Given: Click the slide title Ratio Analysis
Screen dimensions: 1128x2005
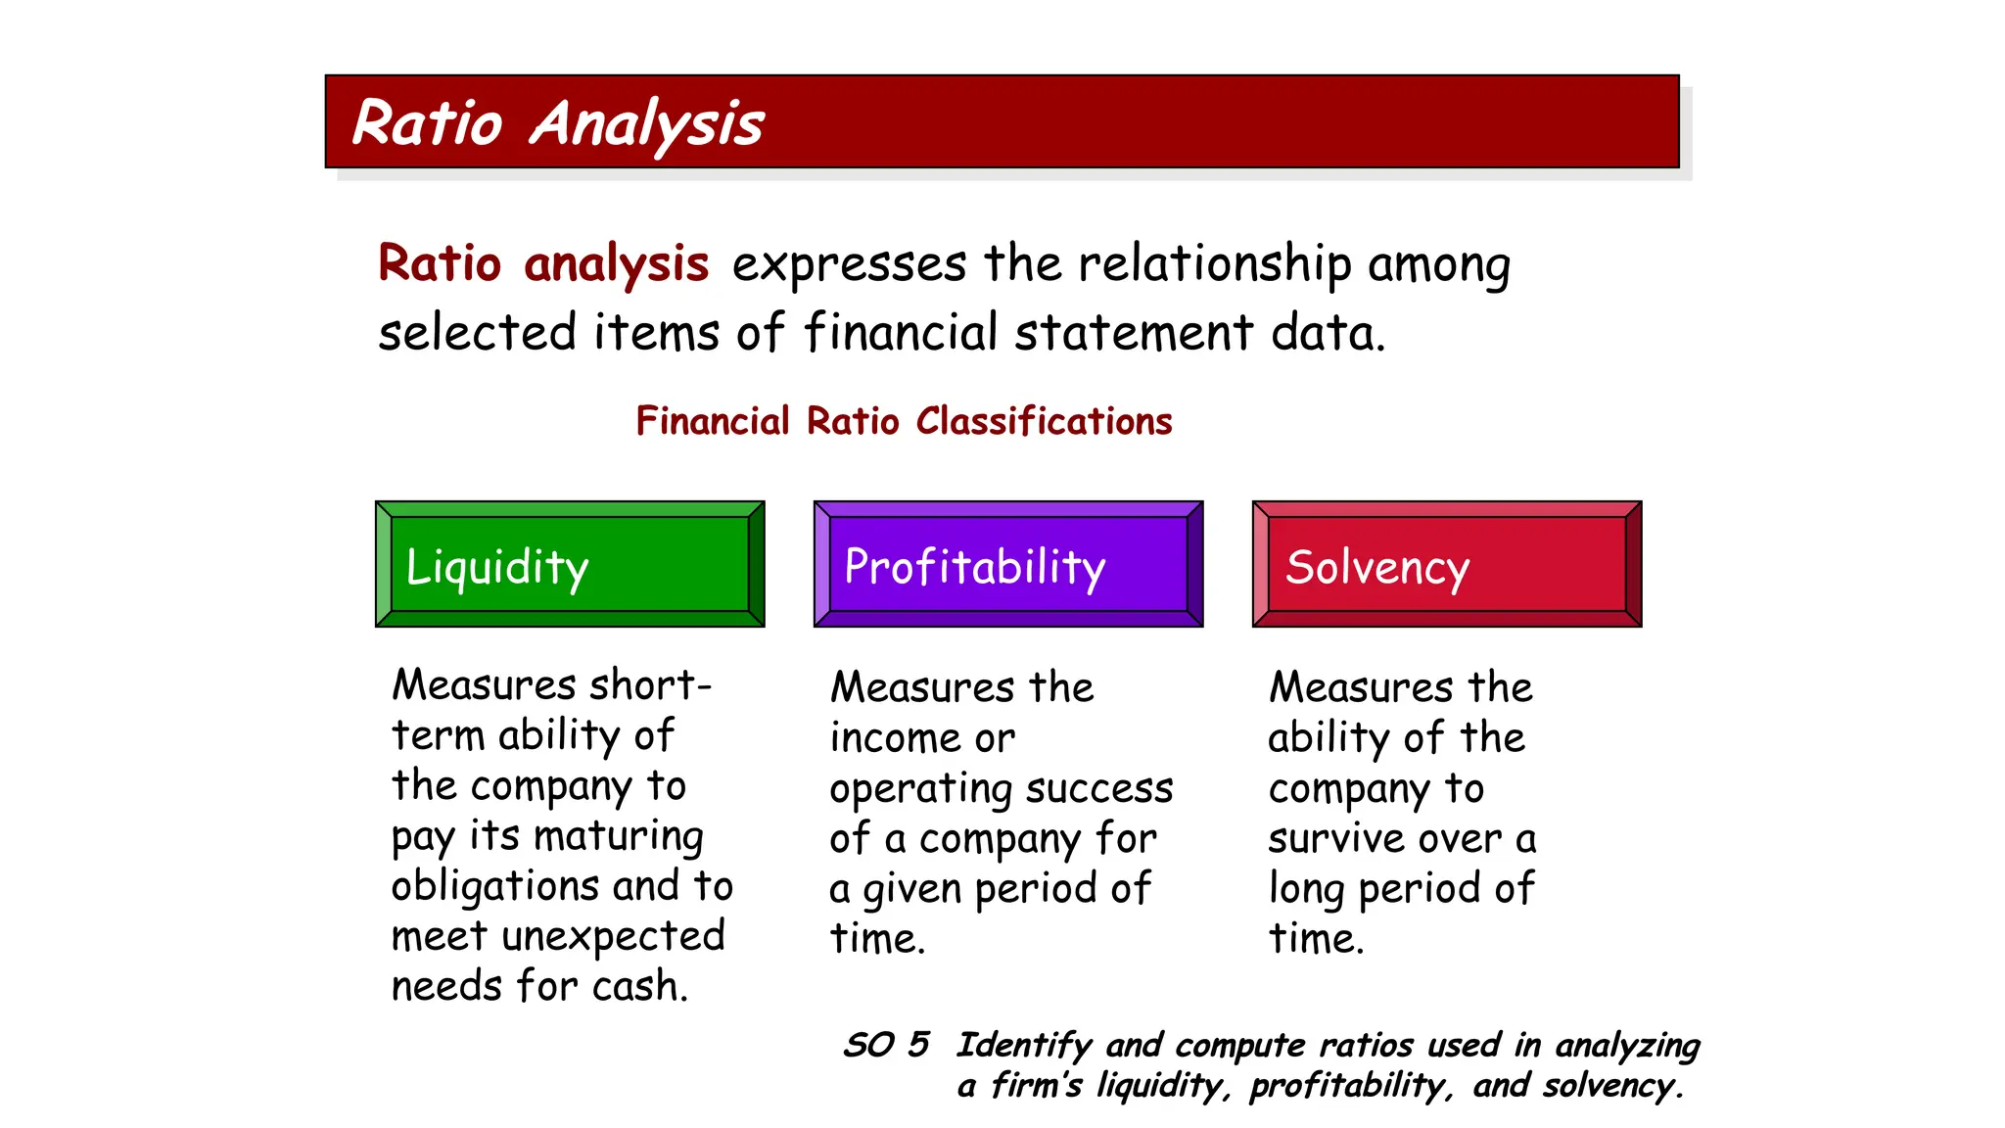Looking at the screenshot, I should click(558, 124).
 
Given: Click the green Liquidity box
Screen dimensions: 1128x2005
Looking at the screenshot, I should click(570, 565).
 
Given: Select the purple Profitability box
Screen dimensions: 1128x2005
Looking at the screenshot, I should click(1008, 565).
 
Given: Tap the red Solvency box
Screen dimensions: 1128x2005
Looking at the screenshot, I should click(1447, 565).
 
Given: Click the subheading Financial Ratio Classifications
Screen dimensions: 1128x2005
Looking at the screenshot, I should click(904, 421).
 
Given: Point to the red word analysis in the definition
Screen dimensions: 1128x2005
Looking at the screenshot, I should click(616, 264).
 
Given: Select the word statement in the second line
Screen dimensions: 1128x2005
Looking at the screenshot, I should click(1134, 332).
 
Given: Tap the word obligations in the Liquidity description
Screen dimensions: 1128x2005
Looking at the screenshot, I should click(495, 886).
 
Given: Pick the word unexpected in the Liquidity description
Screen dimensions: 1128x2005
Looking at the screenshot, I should click(613, 936).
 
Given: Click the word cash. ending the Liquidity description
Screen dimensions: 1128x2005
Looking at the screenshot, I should click(640, 986).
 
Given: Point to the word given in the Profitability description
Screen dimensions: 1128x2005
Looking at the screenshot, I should click(911, 890).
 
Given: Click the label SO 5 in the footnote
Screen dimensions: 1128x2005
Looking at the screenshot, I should click(886, 1045).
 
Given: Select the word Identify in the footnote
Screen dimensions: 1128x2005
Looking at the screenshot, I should click(1023, 1046).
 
